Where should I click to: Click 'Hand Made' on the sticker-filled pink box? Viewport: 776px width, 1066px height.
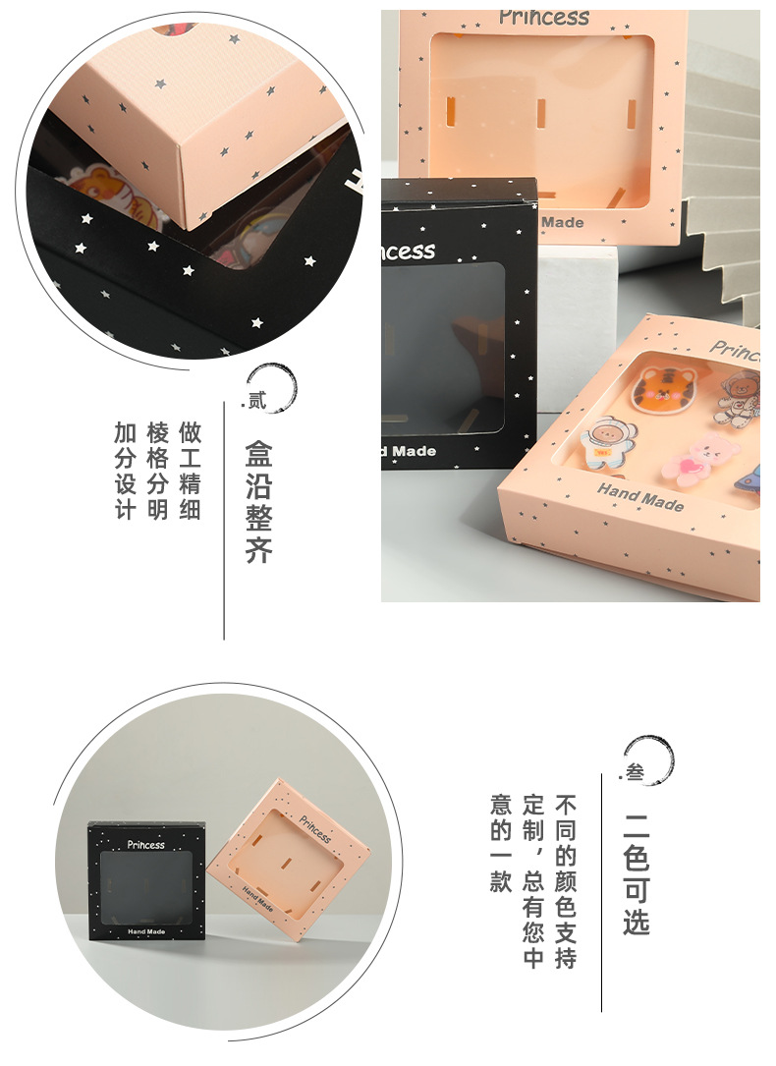[x=639, y=496]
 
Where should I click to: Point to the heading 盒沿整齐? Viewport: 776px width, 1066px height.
[x=258, y=501]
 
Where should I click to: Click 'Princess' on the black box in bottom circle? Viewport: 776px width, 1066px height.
[x=146, y=844]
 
